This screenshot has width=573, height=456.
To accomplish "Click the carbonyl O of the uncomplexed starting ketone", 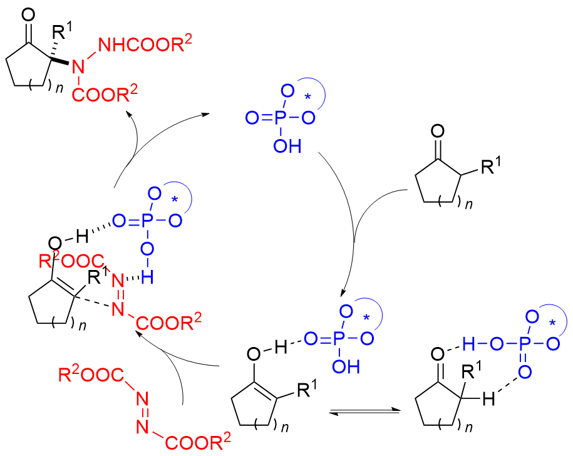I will click(438, 133).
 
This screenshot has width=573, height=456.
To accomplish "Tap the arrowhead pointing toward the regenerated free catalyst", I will click(207, 115).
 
